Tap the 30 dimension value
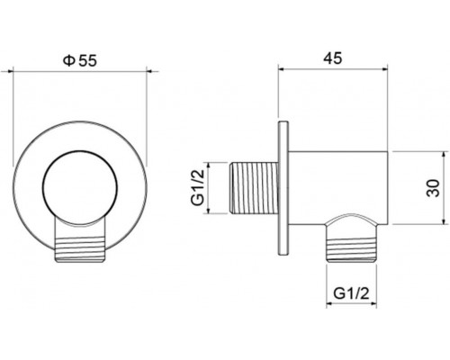tap(433, 188)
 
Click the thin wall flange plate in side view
tap(285, 188)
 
